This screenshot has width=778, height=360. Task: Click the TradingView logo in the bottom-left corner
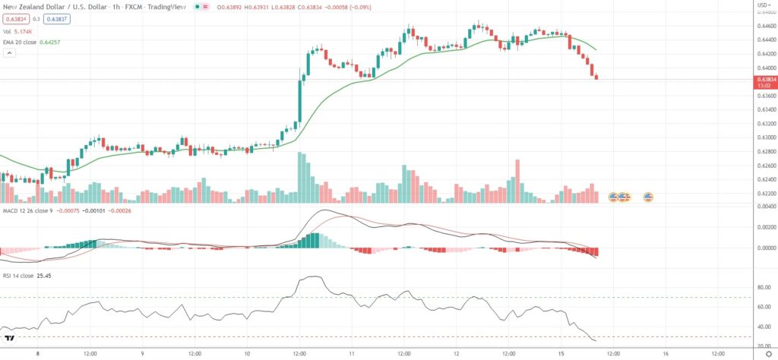point(11,339)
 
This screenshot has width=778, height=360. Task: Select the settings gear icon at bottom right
point(767,353)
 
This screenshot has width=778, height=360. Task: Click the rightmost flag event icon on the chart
point(649,197)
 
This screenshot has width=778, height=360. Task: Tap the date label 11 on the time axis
point(352,353)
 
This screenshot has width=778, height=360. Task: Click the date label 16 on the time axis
point(666,353)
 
